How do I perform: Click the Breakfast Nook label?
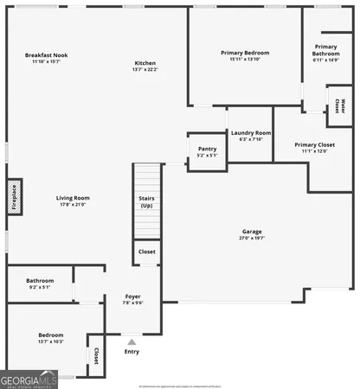49,55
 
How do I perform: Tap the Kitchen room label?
145,63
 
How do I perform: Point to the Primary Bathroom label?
326,50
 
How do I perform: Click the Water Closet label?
337,105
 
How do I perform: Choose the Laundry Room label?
251,133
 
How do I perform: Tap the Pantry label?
206,149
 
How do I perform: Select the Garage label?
252,232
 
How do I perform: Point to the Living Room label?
74,198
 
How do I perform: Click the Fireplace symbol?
14,196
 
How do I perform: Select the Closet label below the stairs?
146,252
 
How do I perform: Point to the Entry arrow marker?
132,342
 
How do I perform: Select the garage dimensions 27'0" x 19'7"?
252,238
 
